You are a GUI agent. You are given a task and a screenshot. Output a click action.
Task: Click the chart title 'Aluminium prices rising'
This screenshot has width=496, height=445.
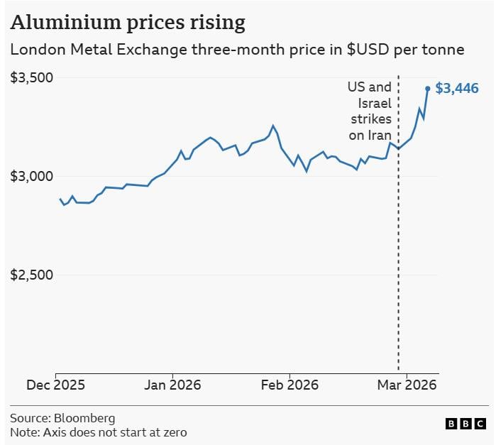(x=128, y=23)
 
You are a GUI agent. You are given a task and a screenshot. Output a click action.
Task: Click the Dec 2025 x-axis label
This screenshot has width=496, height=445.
(x=55, y=385)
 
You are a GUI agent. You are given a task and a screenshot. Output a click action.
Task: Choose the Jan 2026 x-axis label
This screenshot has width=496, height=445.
(x=172, y=385)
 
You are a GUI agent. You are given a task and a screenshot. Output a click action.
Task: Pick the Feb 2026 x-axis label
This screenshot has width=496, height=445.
(x=289, y=385)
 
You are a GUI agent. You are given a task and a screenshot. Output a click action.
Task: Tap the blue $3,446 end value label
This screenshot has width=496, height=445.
(x=456, y=89)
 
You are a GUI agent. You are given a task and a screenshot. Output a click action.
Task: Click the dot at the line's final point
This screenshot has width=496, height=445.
(x=427, y=89)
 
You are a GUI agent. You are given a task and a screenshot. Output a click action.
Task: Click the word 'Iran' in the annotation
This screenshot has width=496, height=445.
(x=377, y=135)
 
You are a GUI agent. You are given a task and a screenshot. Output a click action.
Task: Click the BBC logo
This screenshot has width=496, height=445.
(x=465, y=424)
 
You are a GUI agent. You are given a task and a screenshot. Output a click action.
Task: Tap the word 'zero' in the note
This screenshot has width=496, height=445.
(x=174, y=432)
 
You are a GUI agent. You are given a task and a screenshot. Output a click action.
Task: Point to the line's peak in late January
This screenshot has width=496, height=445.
(x=273, y=126)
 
